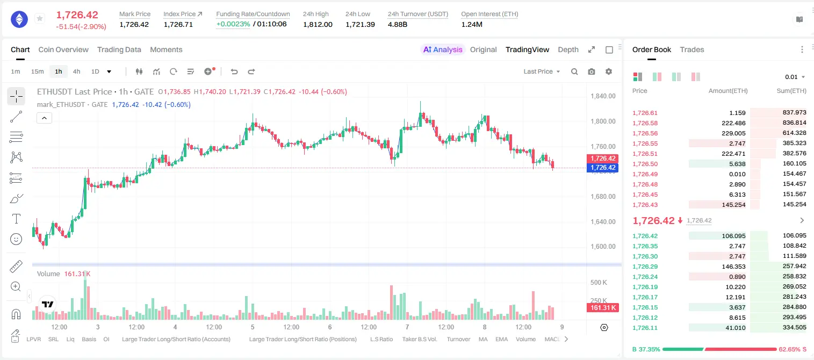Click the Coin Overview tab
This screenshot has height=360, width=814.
tap(63, 49)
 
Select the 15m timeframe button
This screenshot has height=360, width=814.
tap(37, 71)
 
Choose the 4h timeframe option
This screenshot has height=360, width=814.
tap(76, 71)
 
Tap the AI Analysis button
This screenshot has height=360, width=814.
tap(443, 49)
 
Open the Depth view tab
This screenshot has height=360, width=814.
tap(568, 49)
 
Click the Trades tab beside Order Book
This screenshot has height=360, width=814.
tap(692, 49)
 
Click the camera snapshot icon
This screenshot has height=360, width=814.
tap(592, 71)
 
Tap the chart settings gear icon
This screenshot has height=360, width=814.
tap(609, 71)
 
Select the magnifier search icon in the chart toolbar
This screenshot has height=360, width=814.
tap(574, 71)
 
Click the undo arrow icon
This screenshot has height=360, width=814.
tap(234, 71)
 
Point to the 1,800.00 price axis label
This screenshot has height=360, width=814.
tap(603, 121)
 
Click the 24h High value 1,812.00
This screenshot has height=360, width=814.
tap(318, 24)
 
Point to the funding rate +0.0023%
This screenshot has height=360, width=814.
tap(233, 24)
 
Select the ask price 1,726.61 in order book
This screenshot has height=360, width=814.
tap(645, 113)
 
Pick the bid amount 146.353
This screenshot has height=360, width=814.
tap(733, 267)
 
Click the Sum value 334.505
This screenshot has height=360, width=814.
tap(794, 327)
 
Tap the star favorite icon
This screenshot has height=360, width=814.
tap(40, 18)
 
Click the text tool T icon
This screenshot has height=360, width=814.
tap(16, 219)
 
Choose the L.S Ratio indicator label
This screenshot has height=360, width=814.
tap(381, 339)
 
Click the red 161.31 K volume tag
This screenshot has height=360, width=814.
tap(602, 308)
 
